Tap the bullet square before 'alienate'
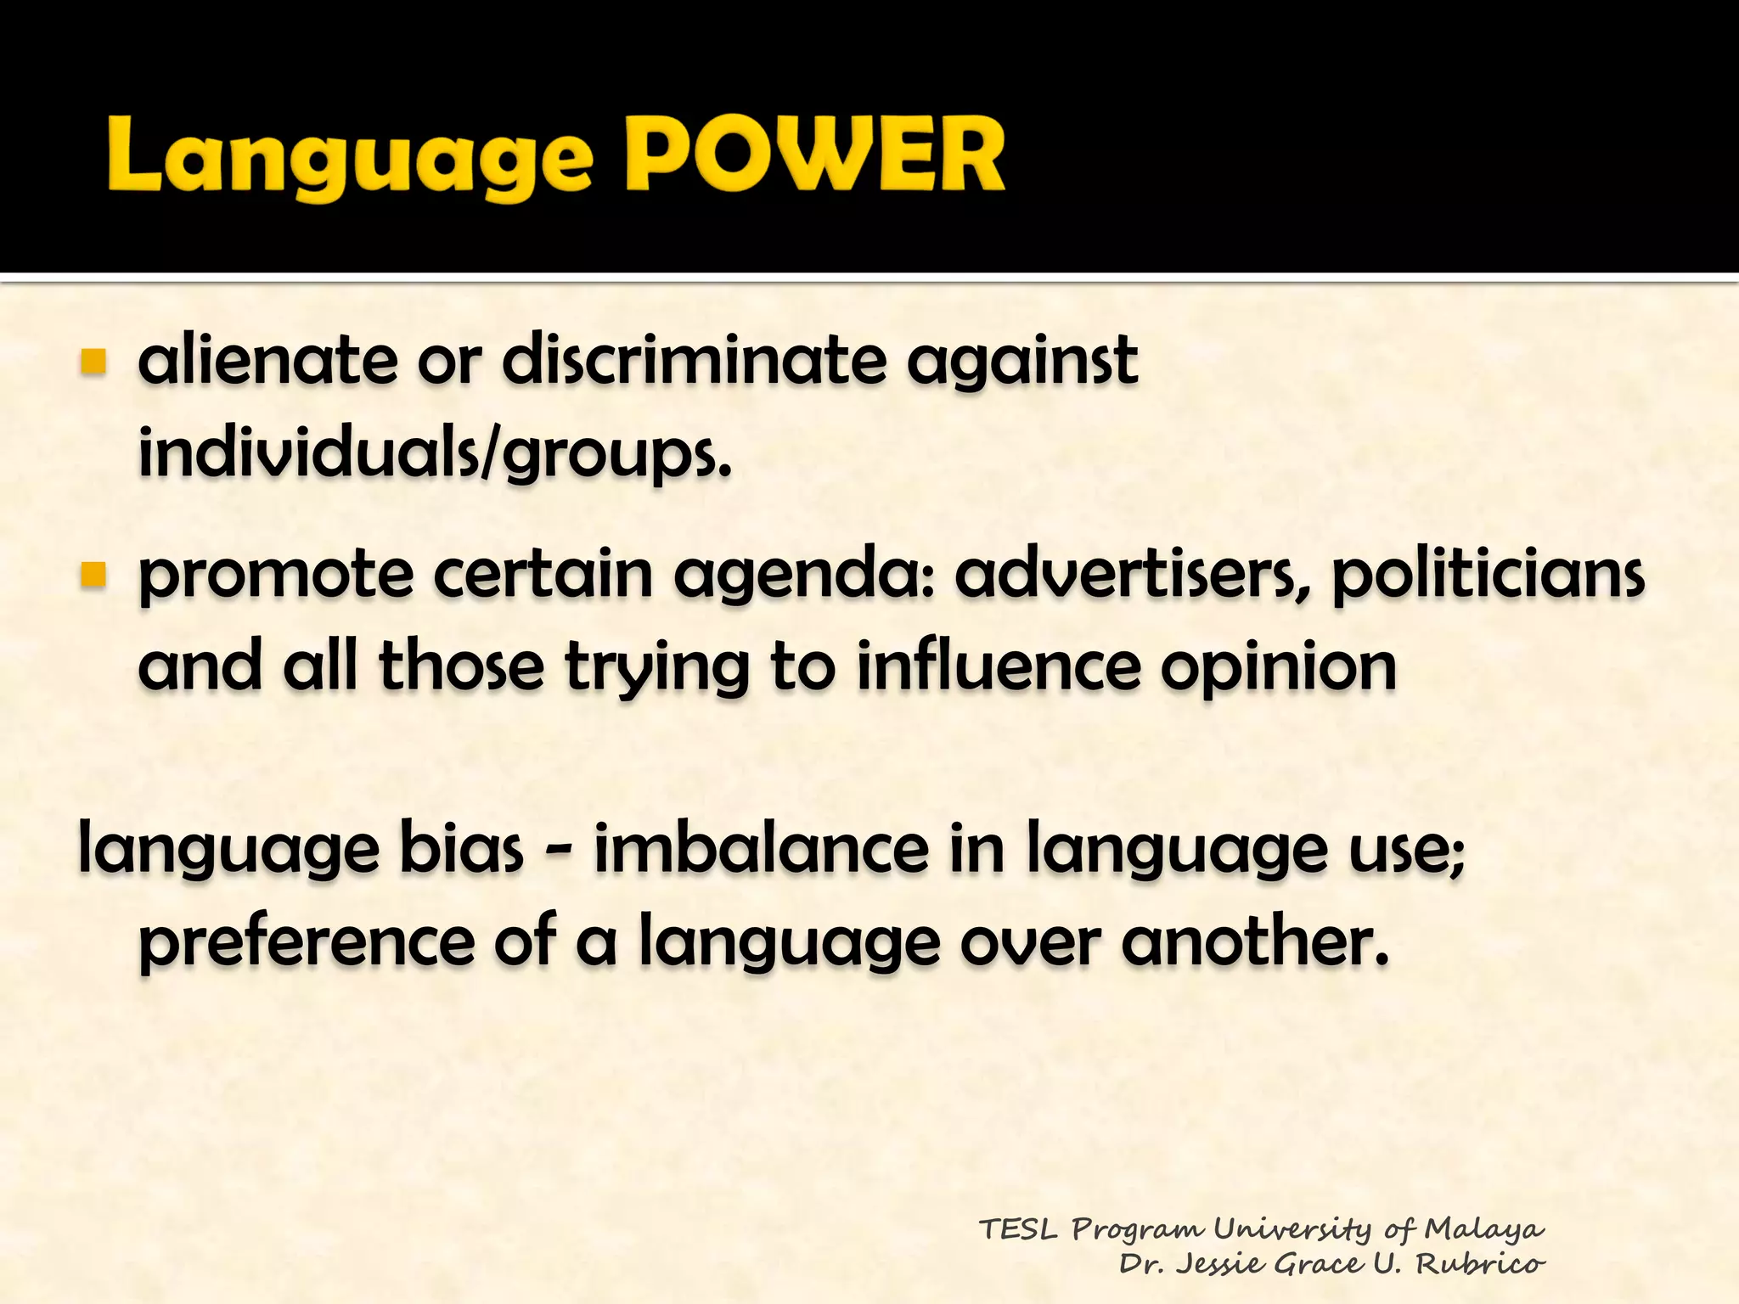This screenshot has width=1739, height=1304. pyautogui.click(x=93, y=362)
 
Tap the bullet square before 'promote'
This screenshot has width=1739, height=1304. pyautogui.click(x=93, y=576)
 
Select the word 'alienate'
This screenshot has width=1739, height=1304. pyautogui.click(x=267, y=360)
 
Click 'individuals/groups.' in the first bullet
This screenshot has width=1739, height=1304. pyautogui.click(x=434, y=453)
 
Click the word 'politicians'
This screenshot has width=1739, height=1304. pyautogui.click(x=1488, y=576)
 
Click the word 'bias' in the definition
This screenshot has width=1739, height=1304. pyautogui.click(x=461, y=849)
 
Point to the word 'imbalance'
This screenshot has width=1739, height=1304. pyautogui.click(x=761, y=849)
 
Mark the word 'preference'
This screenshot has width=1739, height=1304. pyautogui.click(x=306, y=942)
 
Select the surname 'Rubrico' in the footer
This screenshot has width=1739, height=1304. pyautogui.click(x=1479, y=1263)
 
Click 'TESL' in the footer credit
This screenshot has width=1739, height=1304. pyautogui.click(x=1018, y=1228)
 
